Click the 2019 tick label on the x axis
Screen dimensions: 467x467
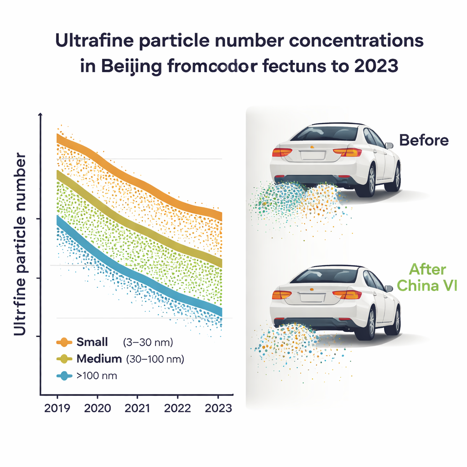57,407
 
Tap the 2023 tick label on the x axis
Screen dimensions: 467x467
217,407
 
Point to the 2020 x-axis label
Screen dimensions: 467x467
97,407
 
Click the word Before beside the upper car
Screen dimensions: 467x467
424,140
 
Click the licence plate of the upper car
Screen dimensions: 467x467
312,156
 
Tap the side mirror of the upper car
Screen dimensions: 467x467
389,145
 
